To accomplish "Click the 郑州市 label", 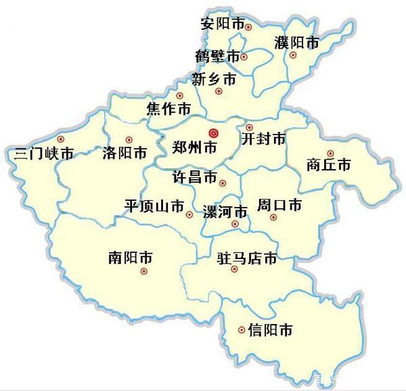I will coord(195,147).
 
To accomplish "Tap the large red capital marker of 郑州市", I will coord(214,133).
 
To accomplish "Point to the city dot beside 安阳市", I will coord(248,27).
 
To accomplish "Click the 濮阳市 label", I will coord(296,42).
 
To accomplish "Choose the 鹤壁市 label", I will coord(217,55).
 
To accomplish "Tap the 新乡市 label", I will coord(214,79).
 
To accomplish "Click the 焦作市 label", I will coord(168,108).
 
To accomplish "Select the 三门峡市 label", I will coord(44,154).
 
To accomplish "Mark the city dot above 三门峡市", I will coord(61,139).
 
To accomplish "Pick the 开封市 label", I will coord(263,139).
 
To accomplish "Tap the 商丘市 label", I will coord(328,165).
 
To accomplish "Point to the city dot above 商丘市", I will coord(330,154).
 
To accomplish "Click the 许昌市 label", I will coord(195,179).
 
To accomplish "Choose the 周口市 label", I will coord(279,204).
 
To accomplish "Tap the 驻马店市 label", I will coord(247,258).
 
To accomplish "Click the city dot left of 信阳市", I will coord(242,330).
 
